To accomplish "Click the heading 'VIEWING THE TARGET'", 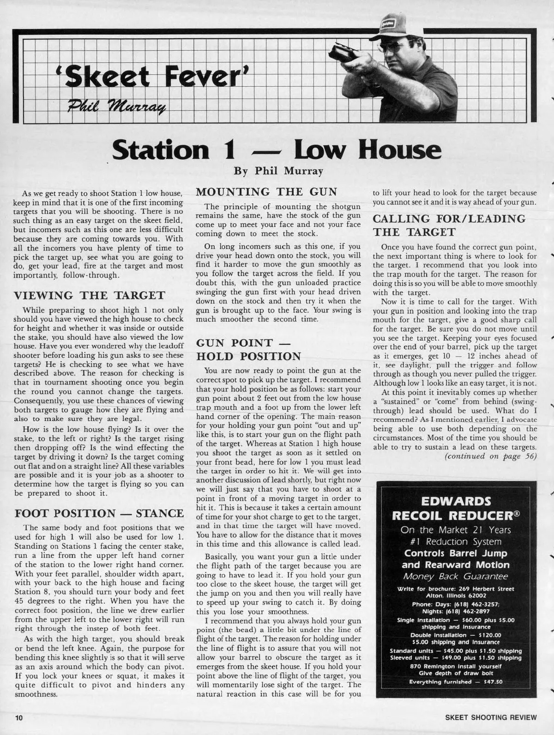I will point(90,295).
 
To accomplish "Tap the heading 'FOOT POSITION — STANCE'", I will point(99,513).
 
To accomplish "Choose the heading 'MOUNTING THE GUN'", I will point(264,192).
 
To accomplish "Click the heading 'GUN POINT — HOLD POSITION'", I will point(248,350).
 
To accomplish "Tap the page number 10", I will point(18,717).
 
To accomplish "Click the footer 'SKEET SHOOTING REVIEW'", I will point(491,717).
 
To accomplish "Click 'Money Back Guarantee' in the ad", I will point(456,576).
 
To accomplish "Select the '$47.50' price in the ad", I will point(489,682).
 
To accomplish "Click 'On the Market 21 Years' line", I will point(456,530).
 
